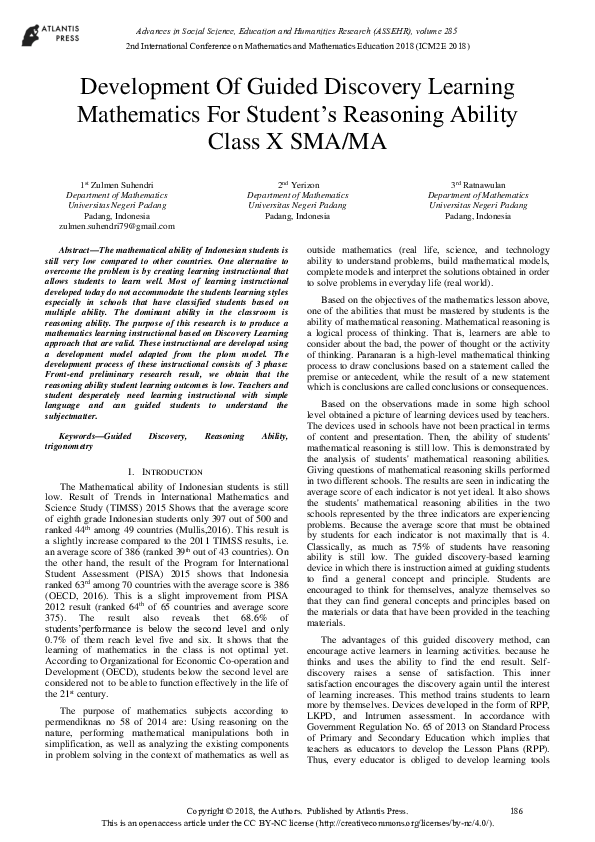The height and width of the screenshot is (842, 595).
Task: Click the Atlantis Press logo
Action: point(39,39)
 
